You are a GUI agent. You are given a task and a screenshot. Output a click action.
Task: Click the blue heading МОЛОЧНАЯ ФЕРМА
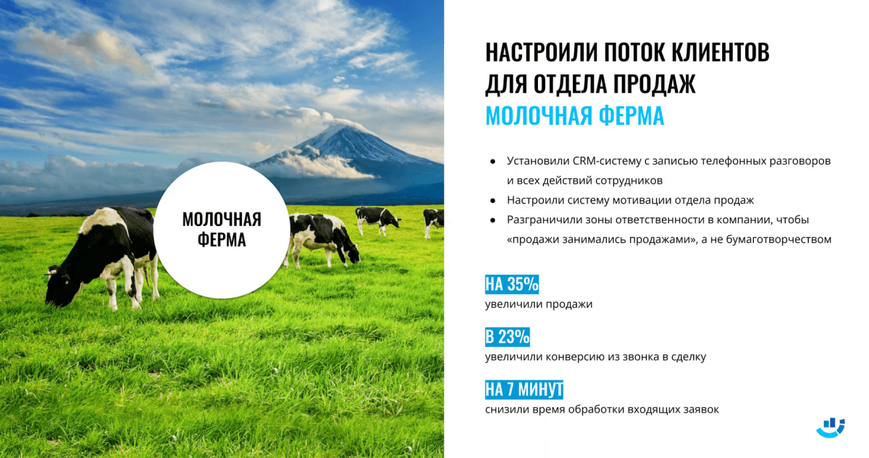pyautogui.click(x=574, y=116)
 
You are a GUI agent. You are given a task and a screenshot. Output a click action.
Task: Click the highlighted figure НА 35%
pyautogui.click(x=512, y=284)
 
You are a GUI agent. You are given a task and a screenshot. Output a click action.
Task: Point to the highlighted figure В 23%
pyautogui.click(x=508, y=337)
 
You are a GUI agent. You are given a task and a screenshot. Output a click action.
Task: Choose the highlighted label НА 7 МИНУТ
pyautogui.click(x=524, y=390)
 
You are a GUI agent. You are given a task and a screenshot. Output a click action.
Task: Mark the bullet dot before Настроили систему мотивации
pyautogui.click(x=492, y=200)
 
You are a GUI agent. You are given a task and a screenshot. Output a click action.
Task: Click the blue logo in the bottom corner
pyautogui.click(x=831, y=427)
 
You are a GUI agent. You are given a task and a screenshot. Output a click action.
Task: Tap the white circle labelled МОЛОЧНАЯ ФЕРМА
pyautogui.click(x=222, y=230)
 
